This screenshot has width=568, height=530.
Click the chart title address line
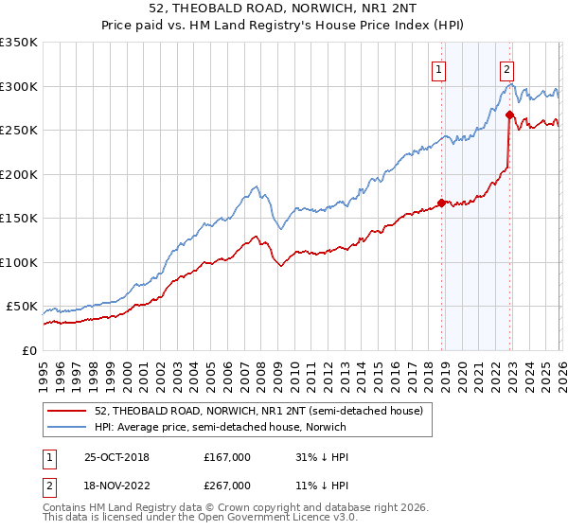pyautogui.click(x=284, y=9)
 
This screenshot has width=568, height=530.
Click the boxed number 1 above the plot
pyautogui.click(x=440, y=68)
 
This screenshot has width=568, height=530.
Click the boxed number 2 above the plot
pyautogui.click(x=507, y=68)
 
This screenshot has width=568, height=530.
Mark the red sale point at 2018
pyautogui.click(x=441, y=203)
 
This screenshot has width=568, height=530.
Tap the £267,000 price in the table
pyautogui.click(x=227, y=486)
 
